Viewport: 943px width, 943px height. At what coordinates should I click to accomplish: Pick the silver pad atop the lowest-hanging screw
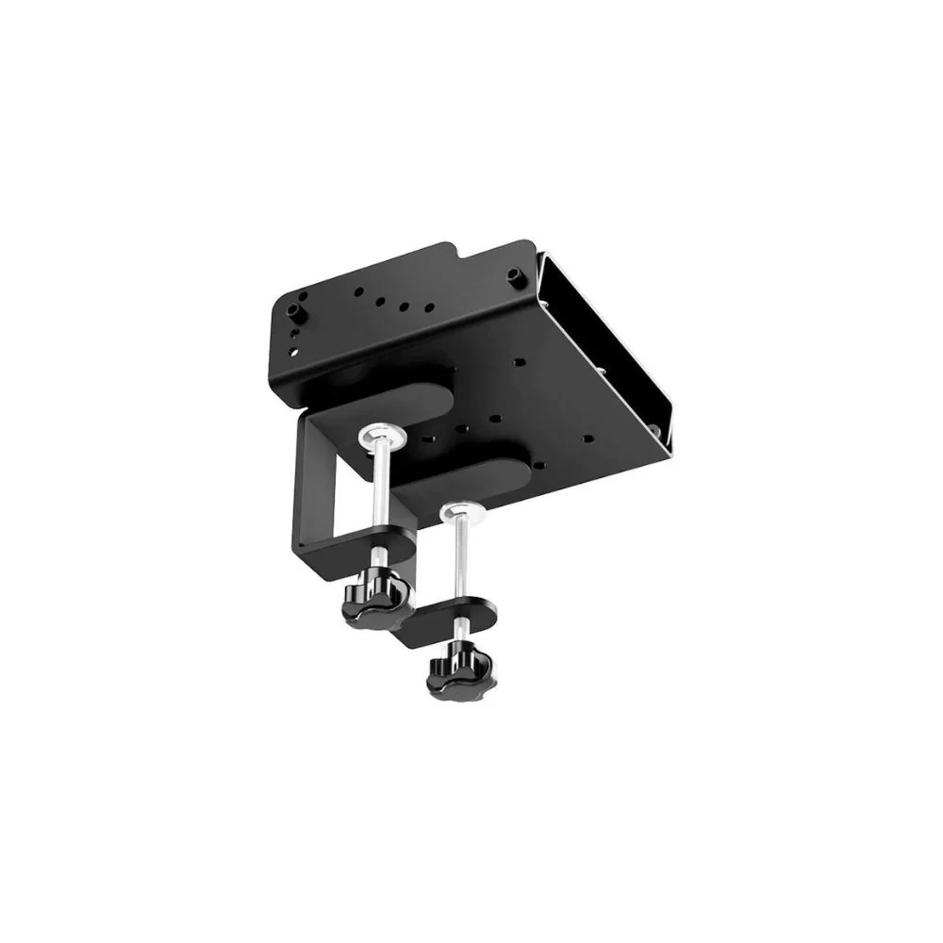459,513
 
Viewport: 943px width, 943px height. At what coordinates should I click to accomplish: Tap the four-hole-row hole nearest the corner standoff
359,290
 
